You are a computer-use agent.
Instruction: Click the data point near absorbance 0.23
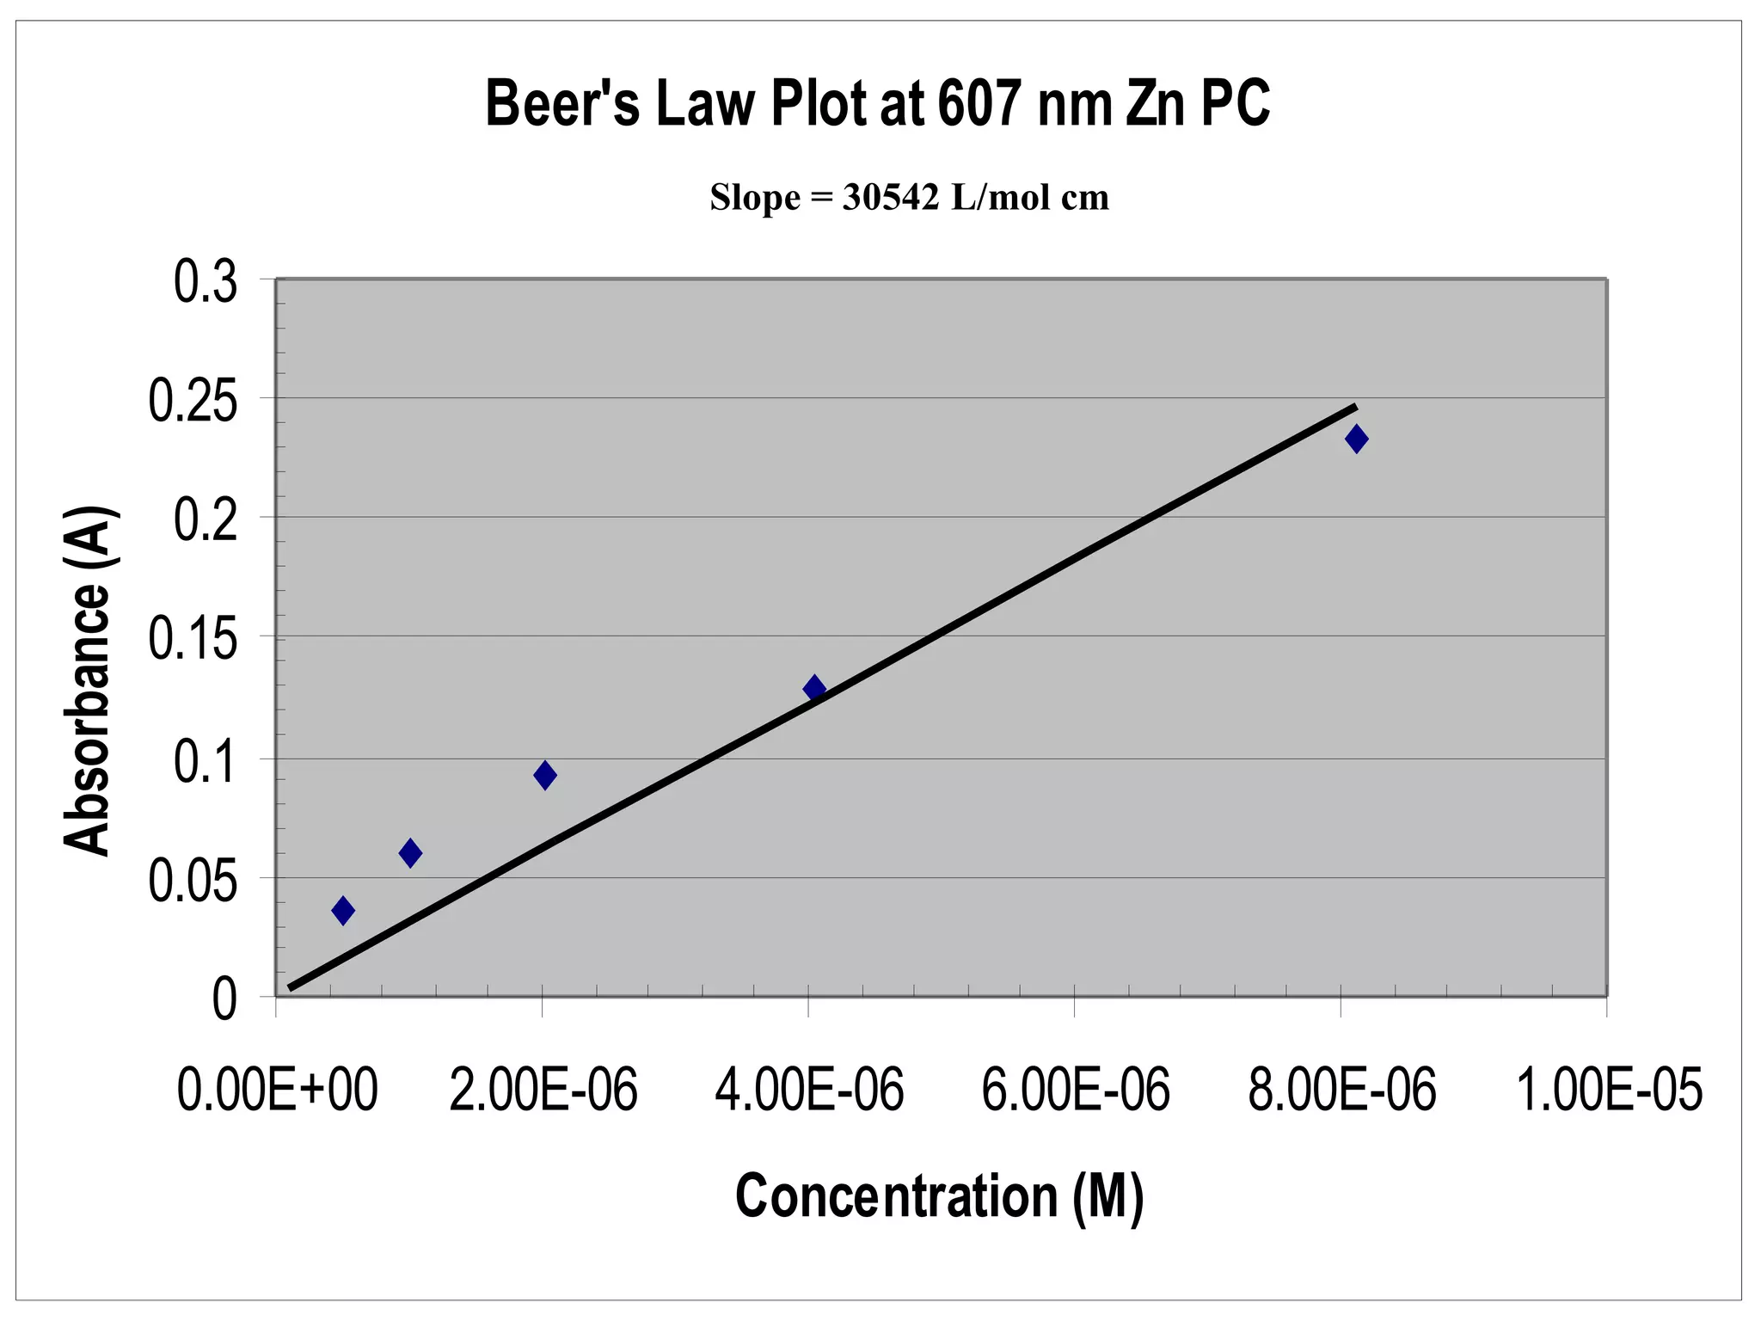(1356, 439)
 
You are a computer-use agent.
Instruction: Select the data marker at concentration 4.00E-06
(814, 688)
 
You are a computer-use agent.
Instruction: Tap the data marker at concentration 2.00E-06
(544, 775)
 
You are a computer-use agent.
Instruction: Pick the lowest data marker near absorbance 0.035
(343, 910)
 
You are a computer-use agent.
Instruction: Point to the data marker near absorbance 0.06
(410, 853)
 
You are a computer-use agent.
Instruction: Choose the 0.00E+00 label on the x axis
(277, 1090)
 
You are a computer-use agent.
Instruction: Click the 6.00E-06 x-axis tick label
(1075, 1090)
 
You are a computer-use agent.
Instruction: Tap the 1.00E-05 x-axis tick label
(1608, 1090)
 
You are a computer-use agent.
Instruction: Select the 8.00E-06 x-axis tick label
(1341, 1090)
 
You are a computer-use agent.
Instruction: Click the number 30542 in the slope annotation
(890, 198)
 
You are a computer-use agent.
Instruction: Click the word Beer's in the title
(562, 104)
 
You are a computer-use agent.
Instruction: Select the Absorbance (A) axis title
(88, 681)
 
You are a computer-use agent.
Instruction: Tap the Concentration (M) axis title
(939, 1196)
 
